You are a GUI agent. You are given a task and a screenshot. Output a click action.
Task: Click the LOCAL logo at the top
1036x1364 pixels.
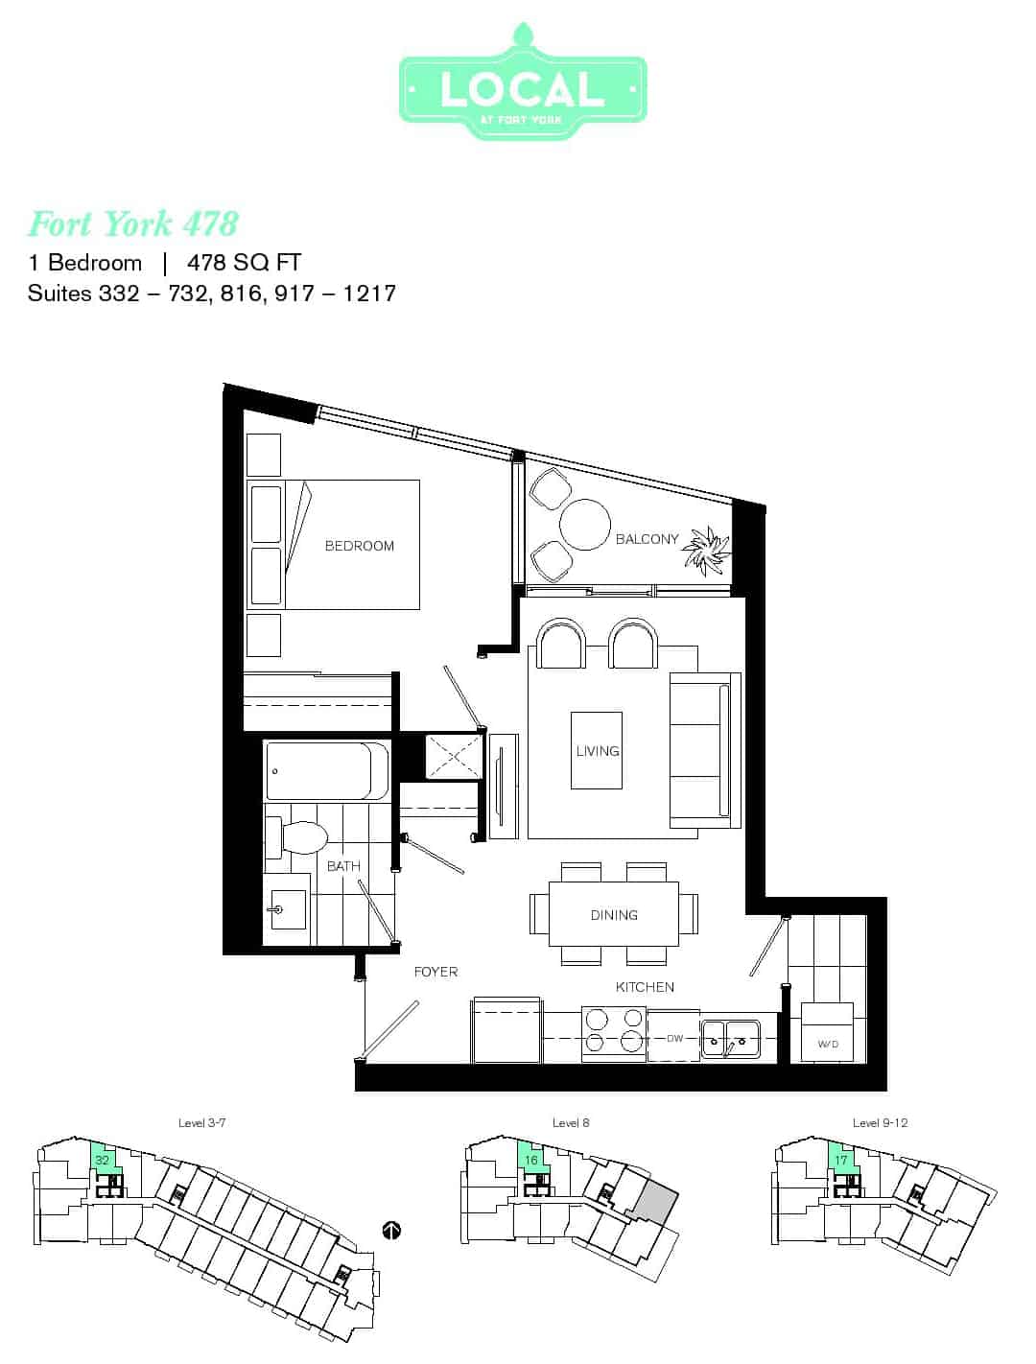pyautogui.click(x=523, y=82)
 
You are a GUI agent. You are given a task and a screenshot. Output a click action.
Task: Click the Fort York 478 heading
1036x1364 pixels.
pyautogui.click(x=133, y=223)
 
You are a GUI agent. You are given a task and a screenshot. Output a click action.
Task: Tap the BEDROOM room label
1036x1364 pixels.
pyautogui.click(x=359, y=546)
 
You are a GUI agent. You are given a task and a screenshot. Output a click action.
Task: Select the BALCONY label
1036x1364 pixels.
pyautogui.click(x=647, y=539)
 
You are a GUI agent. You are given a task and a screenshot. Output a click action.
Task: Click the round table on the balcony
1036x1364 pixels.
pyautogui.click(x=585, y=525)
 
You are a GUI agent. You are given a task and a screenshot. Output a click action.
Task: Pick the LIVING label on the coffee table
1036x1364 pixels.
pyautogui.click(x=598, y=751)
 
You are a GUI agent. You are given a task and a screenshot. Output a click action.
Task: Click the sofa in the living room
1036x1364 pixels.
pyautogui.click(x=705, y=750)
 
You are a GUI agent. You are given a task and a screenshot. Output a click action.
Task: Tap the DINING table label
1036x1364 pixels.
pyautogui.click(x=614, y=915)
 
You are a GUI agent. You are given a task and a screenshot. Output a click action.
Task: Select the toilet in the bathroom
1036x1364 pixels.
pyautogui.click(x=296, y=836)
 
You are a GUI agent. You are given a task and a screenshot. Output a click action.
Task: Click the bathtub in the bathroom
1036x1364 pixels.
pyautogui.click(x=327, y=771)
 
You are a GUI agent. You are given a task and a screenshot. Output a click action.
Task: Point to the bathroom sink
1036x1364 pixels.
pyautogui.click(x=287, y=909)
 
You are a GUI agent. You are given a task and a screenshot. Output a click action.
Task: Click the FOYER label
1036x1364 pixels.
pyautogui.click(x=436, y=972)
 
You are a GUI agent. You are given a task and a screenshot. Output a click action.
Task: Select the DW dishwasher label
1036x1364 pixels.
pyautogui.click(x=675, y=1039)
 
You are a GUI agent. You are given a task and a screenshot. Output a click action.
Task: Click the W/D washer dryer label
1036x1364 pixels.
pyautogui.click(x=828, y=1044)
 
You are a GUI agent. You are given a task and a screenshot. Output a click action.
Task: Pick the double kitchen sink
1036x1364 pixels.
pyautogui.click(x=730, y=1039)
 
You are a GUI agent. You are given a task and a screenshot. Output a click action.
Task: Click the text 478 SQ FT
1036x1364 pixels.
pyautogui.click(x=245, y=262)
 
